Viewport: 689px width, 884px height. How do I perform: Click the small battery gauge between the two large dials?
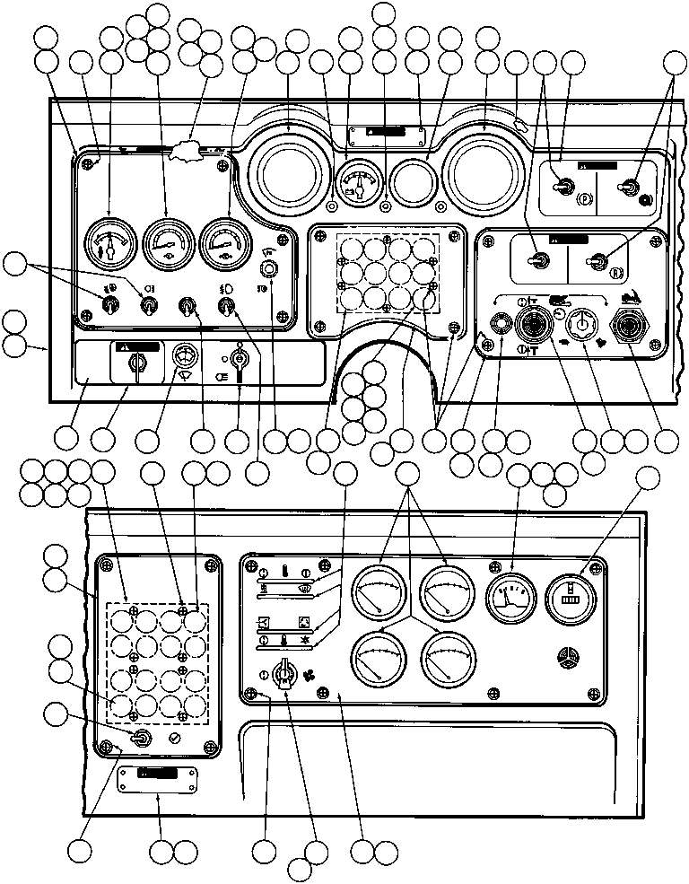click(x=360, y=183)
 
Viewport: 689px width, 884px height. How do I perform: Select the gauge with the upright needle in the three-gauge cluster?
click(x=109, y=245)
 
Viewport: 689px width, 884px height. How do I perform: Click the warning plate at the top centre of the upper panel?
click(x=385, y=135)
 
